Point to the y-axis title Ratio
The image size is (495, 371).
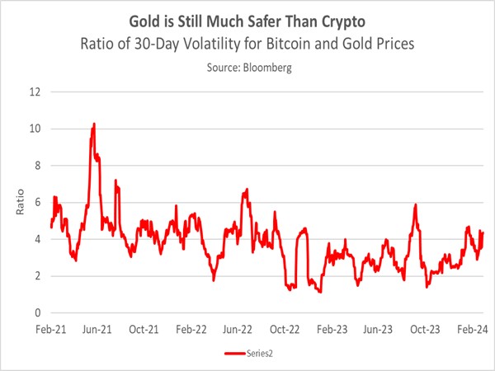click(x=19, y=203)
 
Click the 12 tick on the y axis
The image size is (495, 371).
click(x=35, y=92)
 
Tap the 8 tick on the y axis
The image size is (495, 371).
click(x=37, y=165)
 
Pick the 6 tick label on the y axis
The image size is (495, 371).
click(x=37, y=202)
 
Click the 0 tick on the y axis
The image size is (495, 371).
click(x=37, y=312)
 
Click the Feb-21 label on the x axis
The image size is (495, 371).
click(x=50, y=328)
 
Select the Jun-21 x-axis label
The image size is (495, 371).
click(x=97, y=328)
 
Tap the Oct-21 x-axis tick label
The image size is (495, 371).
click(x=144, y=328)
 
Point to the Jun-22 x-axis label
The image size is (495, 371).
click(x=238, y=328)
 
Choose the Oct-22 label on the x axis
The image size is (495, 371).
click(x=285, y=328)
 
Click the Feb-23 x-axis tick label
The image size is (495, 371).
click(x=332, y=328)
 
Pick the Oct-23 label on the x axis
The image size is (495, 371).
click(x=425, y=328)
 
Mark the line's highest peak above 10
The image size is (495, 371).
click(x=94, y=124)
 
